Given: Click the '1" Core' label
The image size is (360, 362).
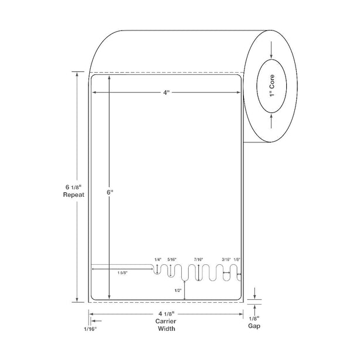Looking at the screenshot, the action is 272,86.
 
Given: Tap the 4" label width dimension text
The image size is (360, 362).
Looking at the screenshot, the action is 167,93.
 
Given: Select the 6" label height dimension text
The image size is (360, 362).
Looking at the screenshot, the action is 110,192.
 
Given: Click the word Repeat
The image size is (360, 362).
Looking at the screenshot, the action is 74,194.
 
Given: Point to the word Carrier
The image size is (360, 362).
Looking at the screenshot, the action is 166,321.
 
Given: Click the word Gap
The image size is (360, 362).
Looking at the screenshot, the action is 254,326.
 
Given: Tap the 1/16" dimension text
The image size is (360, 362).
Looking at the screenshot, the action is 90,329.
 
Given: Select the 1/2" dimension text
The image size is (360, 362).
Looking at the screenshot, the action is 178,291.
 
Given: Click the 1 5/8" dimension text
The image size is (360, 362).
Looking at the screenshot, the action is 123,272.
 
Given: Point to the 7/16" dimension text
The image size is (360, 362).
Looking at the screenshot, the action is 198,259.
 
